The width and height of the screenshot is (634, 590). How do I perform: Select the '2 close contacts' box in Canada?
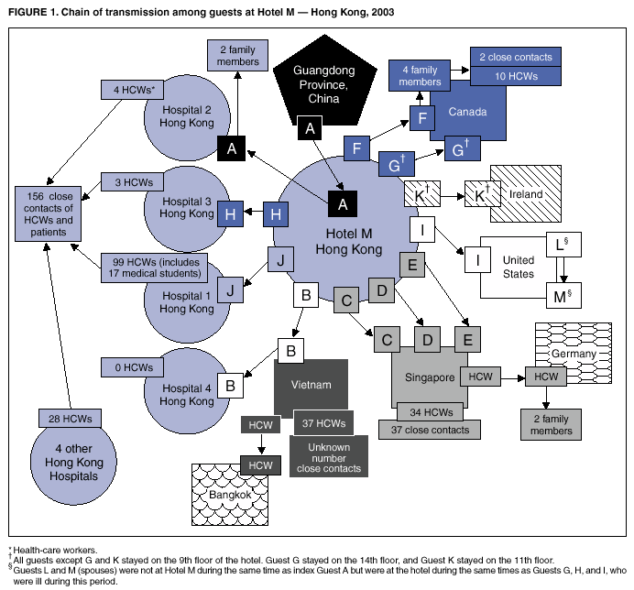515,57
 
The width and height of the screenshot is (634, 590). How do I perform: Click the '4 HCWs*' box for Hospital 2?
134,91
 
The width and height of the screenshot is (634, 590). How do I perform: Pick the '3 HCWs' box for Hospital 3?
134,182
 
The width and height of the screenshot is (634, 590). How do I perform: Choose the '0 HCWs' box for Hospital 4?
134,368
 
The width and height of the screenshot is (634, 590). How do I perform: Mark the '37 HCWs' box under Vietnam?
324,423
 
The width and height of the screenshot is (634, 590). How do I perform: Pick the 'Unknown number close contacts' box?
327,455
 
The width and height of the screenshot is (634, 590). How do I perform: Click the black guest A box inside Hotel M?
344,203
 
